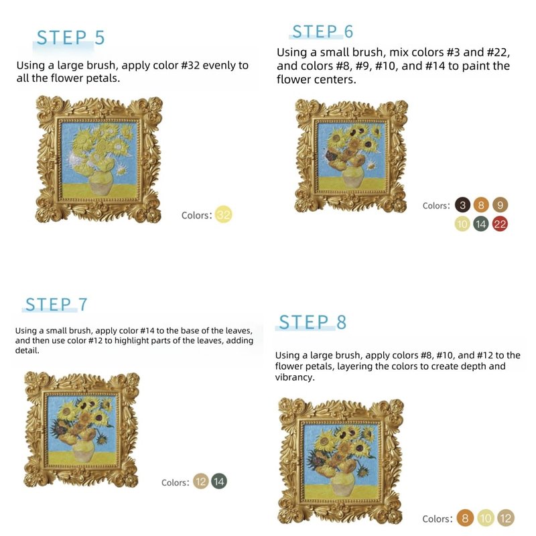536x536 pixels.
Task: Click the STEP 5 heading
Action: [x=70, y=38]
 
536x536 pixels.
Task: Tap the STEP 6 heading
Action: [x=322, y=31]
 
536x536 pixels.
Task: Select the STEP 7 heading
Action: [x=56, y=304]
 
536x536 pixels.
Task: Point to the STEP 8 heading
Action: [x=312, y=322]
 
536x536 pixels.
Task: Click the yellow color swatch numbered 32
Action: [x=224, y=214]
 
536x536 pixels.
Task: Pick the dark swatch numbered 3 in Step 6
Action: [x=462, y=205]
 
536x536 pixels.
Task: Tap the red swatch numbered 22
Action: [x=500, y=224]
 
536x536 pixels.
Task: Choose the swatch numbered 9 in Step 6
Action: [x=500, y=205]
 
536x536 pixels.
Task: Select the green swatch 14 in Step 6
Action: [x=481, y=224]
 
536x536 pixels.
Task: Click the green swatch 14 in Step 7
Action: [x=219, y=482]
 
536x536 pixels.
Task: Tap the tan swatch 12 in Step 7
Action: [x=200, y=482]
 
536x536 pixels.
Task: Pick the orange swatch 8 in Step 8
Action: [x=465, y=518]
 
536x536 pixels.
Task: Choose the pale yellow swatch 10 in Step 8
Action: [x=485, y=518]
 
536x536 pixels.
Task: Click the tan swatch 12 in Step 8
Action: [x=506, y=518]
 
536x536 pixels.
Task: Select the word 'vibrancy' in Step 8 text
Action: [x=293, y=377]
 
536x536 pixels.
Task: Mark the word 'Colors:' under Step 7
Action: [x=176, y=482]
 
